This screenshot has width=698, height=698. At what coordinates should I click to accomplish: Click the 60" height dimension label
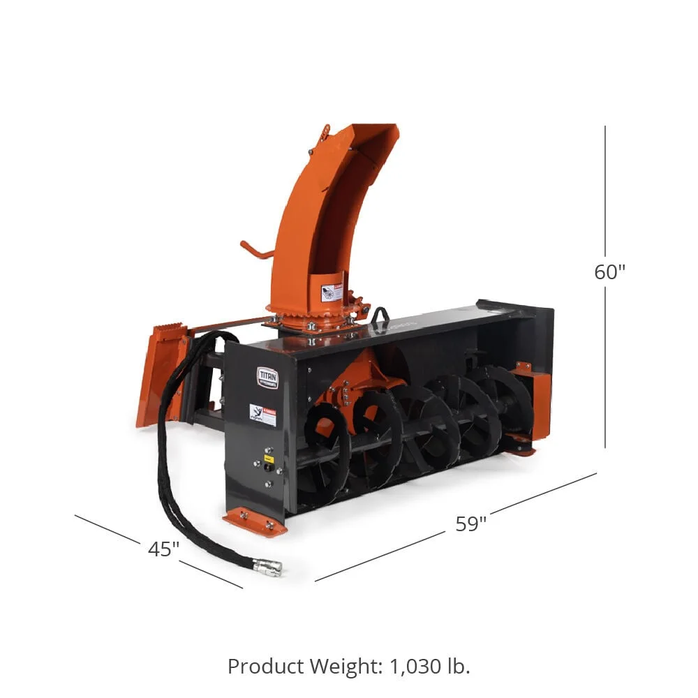609,272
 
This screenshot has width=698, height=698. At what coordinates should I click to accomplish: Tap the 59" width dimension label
470,523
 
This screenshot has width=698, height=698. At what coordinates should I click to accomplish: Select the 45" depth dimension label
163,549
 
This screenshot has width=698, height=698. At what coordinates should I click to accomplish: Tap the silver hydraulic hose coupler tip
269,567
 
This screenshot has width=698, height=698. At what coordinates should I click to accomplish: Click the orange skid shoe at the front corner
255,522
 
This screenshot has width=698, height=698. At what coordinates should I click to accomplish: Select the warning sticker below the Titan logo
262,415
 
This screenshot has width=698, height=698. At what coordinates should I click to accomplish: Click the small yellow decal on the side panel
267,459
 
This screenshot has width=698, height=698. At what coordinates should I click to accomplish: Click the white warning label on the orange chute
332,292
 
